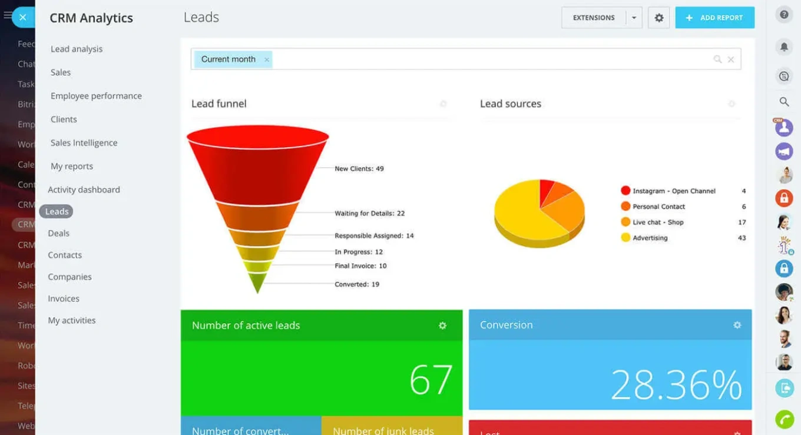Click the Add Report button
(x=714, y=18)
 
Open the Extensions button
(x=594, y=18)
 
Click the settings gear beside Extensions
(x=659, y=18)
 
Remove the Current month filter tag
(x=267, y=59)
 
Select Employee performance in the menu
(x=96, y=96)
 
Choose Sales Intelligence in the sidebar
(x=84, y=143)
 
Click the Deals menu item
(x=59, y=234)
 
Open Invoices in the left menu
(x=64, y=299)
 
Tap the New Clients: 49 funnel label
(x=359, y=169)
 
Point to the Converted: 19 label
(x=357, y=284)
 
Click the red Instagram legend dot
(x=625, y=191)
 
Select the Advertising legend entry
(x=650, y=238)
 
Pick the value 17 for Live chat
(x=742, y=223)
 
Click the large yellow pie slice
(x=518, y=212)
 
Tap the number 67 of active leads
(x=431, y=380)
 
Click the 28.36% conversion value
(x=676, y=385)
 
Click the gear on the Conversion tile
(x=737, y=325)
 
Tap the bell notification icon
(x=784, y=47)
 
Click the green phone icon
(x=784, y=419)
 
